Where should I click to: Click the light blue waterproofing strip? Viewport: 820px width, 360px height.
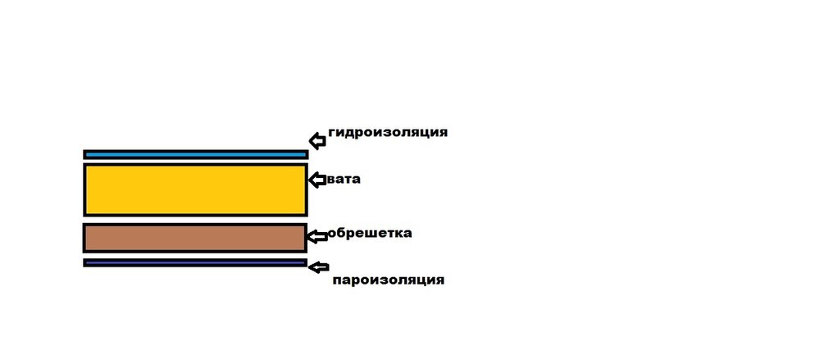pos(196,154)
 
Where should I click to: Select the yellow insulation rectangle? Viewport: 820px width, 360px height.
pos(195,189)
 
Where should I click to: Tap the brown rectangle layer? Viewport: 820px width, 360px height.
pos(195,238)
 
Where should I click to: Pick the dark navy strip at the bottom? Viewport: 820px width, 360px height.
pos(195,262)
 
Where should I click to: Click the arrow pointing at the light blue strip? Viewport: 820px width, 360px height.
pos(317,141)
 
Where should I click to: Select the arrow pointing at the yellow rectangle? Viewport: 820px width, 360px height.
pos(317,180)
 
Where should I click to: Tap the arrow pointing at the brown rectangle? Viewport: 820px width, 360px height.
pos(317,236)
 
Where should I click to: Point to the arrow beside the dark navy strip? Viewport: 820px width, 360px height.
pos(318,267)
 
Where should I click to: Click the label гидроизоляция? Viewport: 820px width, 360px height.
pos(388,132)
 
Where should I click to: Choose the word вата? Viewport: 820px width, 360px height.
pos(344,180)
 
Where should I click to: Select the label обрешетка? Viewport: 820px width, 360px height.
pos(370,233)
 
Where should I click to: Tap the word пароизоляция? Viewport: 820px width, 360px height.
pos(389,280)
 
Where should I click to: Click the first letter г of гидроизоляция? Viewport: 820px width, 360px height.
pos(332,132)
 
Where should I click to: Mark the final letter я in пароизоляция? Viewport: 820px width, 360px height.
pos(440,280)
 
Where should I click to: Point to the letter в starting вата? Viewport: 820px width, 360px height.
pos(331,180)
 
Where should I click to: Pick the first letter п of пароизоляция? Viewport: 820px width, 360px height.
pos(337,280)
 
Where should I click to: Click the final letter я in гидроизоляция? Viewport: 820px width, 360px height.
pos(444,132)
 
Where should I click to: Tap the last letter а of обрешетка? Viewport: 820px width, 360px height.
pos(408,233)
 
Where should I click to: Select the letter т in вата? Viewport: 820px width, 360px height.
pos(348,180)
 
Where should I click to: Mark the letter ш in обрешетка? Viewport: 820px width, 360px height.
pos(369,233)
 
